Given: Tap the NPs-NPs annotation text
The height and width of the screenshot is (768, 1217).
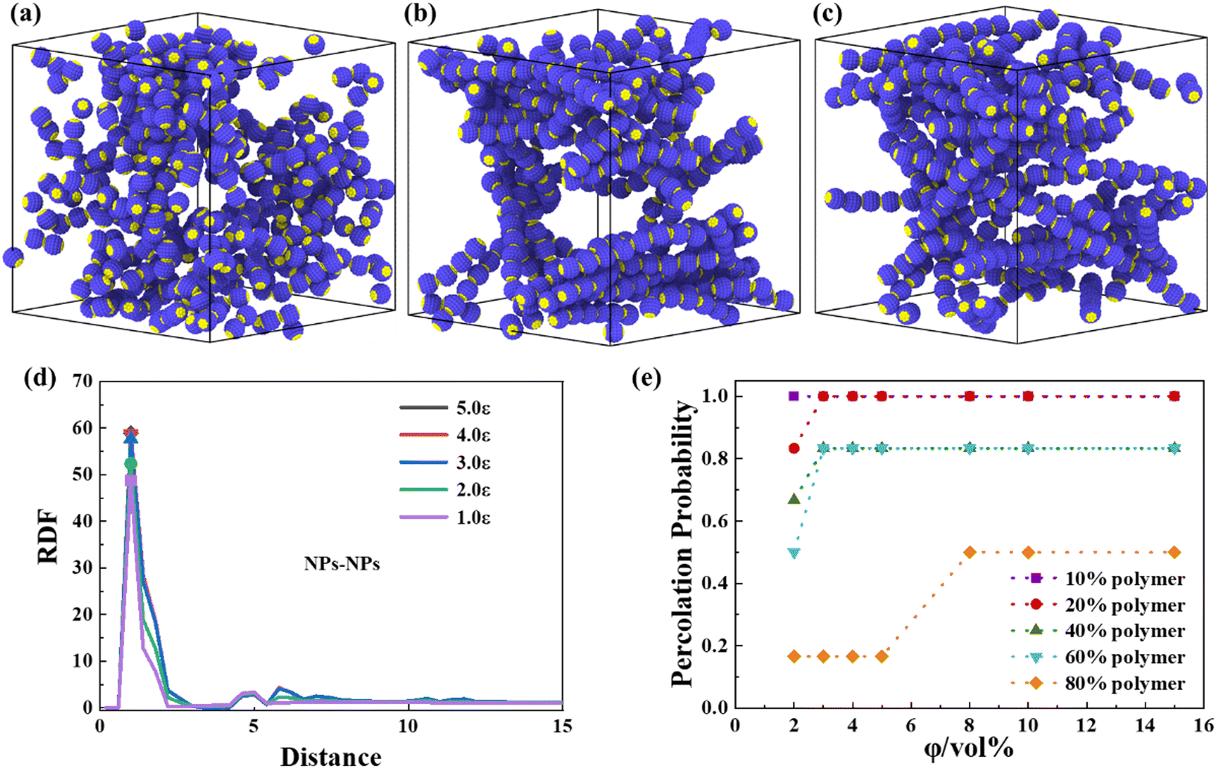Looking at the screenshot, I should click(x=342, y=564).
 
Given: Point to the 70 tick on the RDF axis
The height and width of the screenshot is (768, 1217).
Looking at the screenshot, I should click(x=83, y=381).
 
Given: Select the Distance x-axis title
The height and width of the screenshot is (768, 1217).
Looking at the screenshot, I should click(x=331, y=756).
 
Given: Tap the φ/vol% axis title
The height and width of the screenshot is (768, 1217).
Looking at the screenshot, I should click(x=968, y=747).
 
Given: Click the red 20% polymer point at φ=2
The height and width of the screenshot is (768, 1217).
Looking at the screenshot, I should click(x=794, y=448).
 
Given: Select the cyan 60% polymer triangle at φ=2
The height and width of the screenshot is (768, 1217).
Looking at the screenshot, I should click(x=794, y=553).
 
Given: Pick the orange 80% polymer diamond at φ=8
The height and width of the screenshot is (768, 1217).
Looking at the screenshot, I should click(x=970, y=553).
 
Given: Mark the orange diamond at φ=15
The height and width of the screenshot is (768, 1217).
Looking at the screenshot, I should click(x=1175, y=553).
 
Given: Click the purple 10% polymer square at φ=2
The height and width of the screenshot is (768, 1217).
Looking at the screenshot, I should click(x=794, y=396).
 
